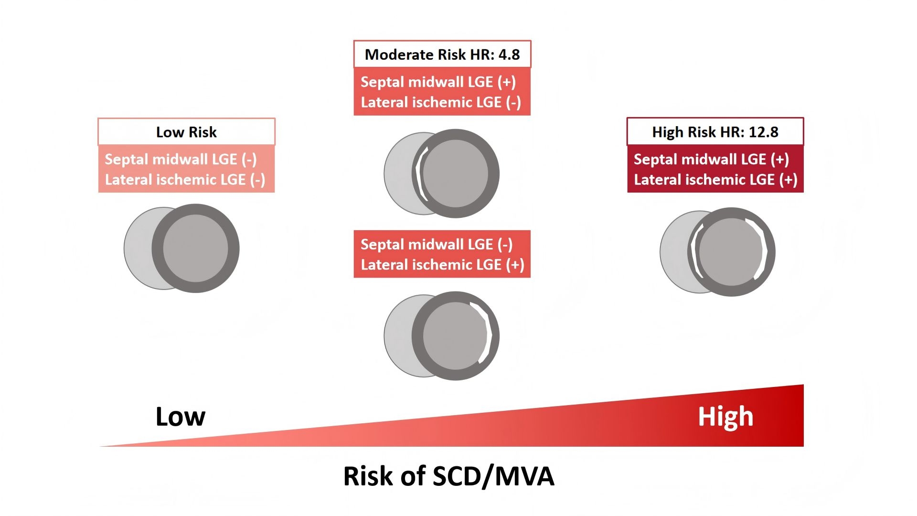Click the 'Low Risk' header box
point(186,131)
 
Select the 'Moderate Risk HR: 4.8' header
point(442,54)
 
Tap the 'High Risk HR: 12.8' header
point(715,131)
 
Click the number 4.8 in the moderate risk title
point(509,54)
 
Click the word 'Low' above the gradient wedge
point(181,417)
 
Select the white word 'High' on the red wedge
point(725,417)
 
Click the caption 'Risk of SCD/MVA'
point(449,476)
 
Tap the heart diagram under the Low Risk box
point(181,248)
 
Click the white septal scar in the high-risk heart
point(695,251)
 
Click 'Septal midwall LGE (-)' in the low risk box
point(181,159)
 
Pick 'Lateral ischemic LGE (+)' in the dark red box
point(715,180)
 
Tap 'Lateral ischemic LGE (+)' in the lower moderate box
point(442,265)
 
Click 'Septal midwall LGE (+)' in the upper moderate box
point(438,82)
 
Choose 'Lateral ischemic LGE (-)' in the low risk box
point(185,180)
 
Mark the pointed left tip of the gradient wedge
point(99,446)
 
